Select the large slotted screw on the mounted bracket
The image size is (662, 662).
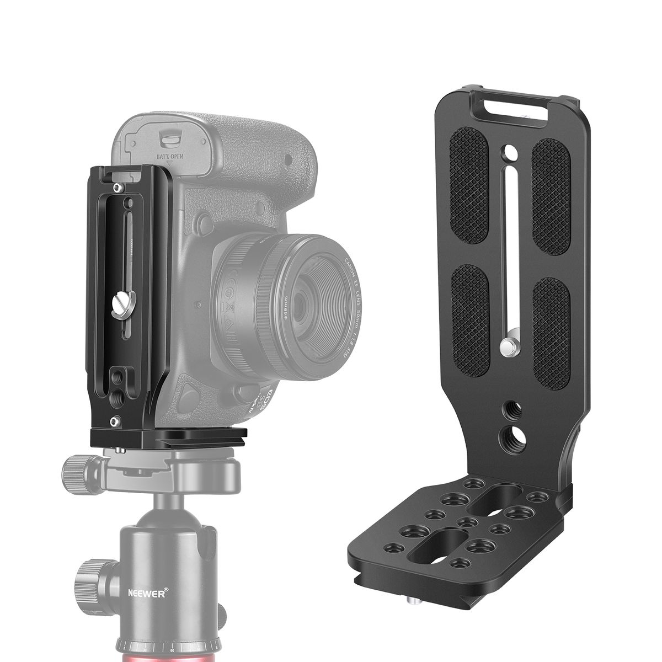pos(123,304)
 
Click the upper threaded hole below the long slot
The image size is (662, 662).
pos(510,410)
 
